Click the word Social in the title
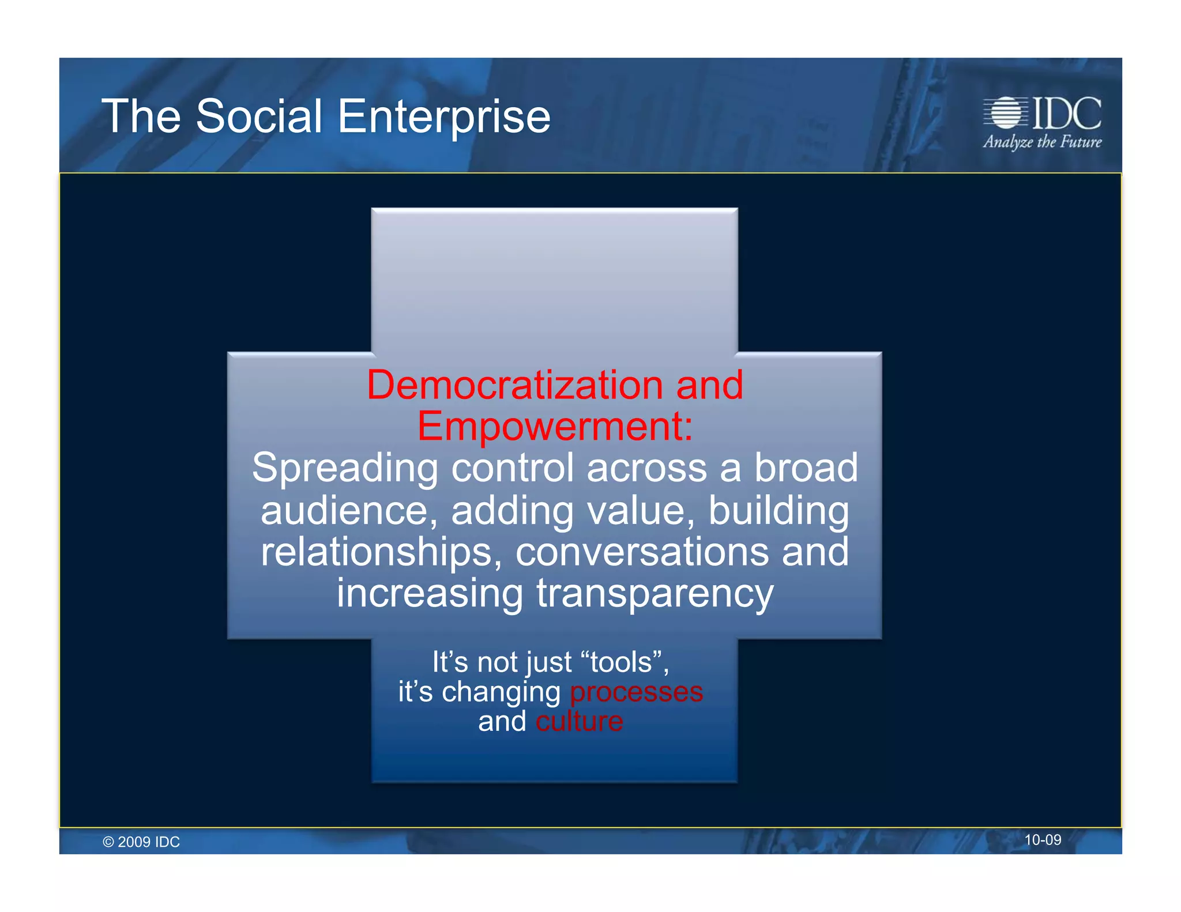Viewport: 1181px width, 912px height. coord(259,116)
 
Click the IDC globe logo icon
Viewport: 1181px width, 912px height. coord(1006,112)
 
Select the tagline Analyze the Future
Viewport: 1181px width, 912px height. coord(1042,142)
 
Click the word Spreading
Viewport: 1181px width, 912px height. coord(345,468)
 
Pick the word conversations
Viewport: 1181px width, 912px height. coord(642,552)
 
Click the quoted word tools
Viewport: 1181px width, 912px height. coord(621,662)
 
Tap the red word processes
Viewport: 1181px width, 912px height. coord(636,692)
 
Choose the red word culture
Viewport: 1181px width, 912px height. coord(579,721)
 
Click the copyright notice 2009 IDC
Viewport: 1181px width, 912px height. coord(141,842)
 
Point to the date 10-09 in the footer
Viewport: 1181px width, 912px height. coord(1042,840)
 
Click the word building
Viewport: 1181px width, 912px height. coord(778,511)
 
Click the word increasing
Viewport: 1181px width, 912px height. coord(430,594)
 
